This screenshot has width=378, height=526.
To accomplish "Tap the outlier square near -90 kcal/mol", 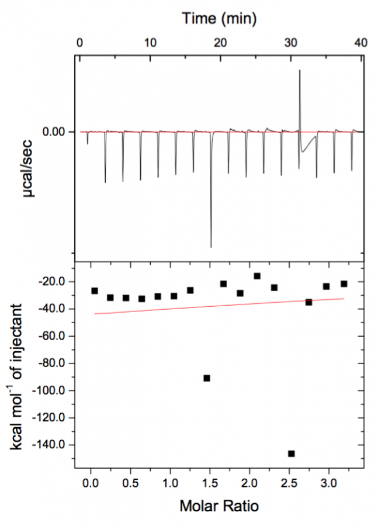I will (x=207, y=378).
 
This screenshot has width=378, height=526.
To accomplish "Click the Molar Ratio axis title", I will (x=219, y=506).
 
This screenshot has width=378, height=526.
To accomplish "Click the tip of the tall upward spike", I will (x=300, y=71).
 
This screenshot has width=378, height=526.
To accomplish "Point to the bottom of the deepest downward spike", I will (x=211, y=247).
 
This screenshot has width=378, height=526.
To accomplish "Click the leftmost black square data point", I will (x=95, y=290).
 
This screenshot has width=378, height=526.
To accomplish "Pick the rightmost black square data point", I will (x=344, y=284).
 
